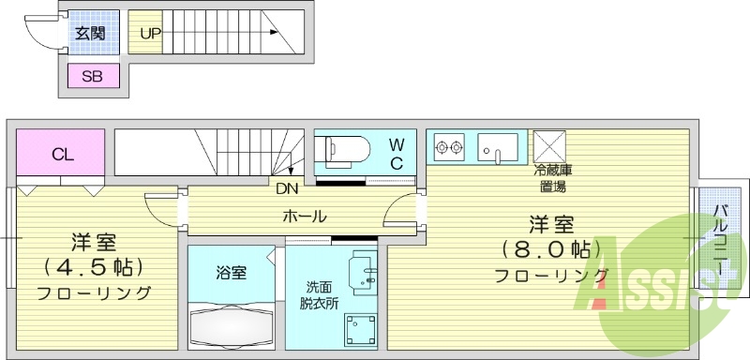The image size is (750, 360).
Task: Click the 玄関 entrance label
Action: (90, 35)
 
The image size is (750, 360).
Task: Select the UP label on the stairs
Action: (150, 34)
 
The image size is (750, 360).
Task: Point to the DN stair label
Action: (287, 187)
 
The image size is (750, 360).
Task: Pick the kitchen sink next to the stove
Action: (498, 146)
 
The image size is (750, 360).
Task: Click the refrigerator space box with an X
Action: (548, 146)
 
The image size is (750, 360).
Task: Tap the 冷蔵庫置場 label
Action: (554, 178)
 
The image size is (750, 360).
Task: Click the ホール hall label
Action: (305, 217)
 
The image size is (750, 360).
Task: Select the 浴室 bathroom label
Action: (232, 274)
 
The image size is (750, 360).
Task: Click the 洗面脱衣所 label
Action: (315, 296)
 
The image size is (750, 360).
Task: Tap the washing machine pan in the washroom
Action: (359, 331)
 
